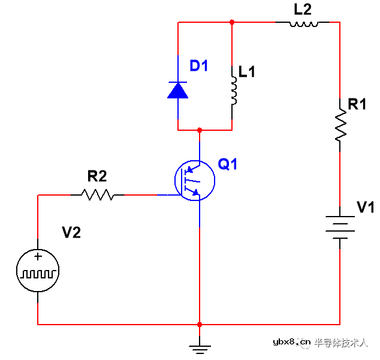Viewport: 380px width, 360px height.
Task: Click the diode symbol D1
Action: pos(178,91)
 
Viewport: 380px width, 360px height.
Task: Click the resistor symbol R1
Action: pos(340,125)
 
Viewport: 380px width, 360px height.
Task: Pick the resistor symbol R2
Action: pos(98,194)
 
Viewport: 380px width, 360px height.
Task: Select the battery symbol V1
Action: pos(340,227)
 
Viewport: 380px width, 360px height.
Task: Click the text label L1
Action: pos(247,72)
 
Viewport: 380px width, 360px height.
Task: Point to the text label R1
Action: pos(357,104)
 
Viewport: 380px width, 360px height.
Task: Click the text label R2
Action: pos(97,176)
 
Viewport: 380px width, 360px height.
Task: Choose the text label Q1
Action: pos(228,164)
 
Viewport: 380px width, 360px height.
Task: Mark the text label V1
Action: pos(365,208)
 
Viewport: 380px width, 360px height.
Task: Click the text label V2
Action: pos(71,232)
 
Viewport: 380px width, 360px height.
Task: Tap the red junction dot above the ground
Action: pos(199,325)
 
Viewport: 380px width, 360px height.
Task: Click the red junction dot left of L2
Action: pos(232,22)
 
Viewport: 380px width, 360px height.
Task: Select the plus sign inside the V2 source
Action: pos(38,257)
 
